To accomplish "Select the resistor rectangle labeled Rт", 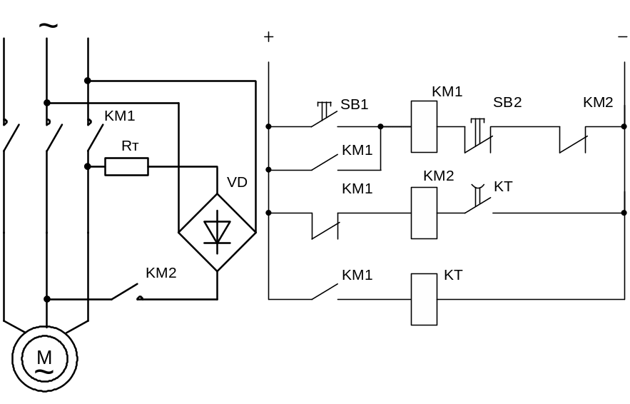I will click(127, 167).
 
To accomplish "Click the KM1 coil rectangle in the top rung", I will click(424, 126).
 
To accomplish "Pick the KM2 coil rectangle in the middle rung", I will click(424, 213).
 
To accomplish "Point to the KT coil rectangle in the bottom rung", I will click(424, 299).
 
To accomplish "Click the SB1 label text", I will click(354, 104).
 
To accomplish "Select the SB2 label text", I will click(507, 102).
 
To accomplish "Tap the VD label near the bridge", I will click(237, 182).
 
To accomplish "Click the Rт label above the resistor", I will click(130, 146).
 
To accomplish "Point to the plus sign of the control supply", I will click(268, 37).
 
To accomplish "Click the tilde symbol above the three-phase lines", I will click(47, 26).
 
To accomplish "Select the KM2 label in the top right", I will click(598, 102).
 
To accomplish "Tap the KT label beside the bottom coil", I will click(454, 275).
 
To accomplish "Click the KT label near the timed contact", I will click(504, 186).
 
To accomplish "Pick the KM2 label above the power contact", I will click(161, 273).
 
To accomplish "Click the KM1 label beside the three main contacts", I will click(119, 116).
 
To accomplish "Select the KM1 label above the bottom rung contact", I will click(357, 275).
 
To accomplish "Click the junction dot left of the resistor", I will click(87, 167).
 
